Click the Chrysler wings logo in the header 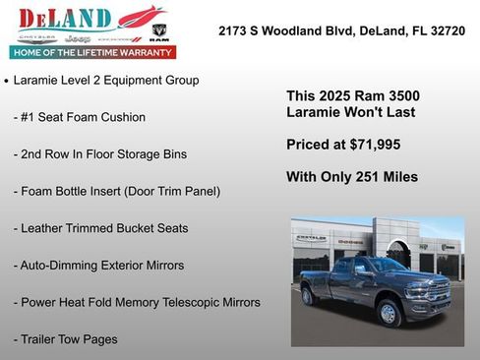(x=27, y=36)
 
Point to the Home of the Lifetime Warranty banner (x=91, y=52)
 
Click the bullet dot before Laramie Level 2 (x=7, y=81)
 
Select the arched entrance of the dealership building (x=398, y=255)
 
